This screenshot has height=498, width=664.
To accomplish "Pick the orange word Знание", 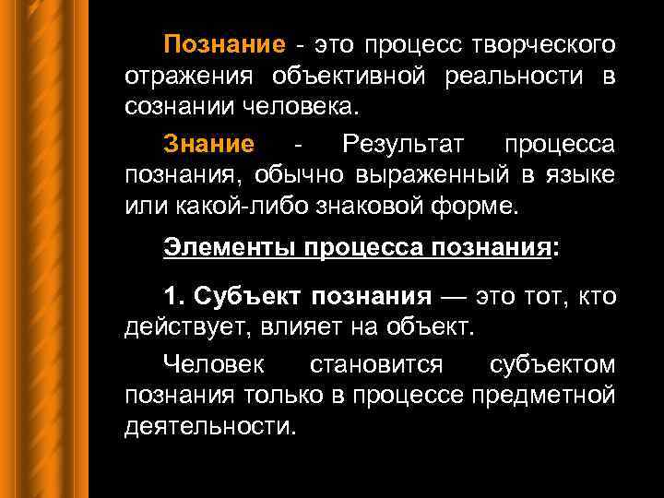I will [x=208, y=144].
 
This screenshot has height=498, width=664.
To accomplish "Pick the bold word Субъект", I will [x=246, y=296].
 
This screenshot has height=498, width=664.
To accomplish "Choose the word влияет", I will [x=290, y=326].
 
